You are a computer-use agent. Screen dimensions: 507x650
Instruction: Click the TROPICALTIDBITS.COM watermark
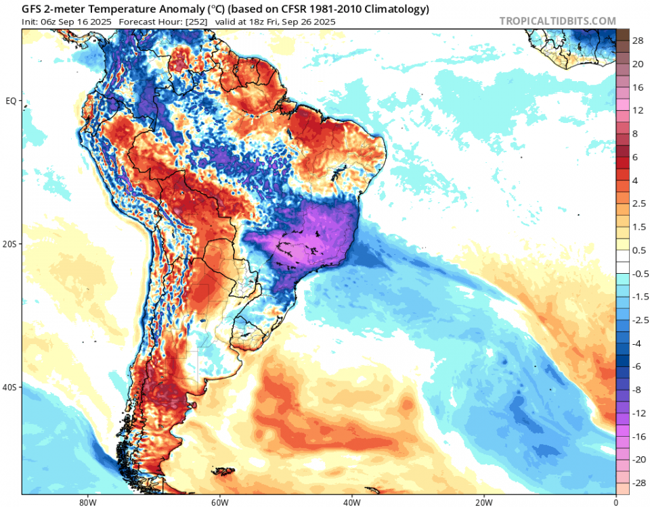(557, 21)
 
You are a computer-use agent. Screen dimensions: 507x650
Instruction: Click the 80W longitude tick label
(85, 502)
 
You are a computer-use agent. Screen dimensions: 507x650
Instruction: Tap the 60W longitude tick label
(218, 502)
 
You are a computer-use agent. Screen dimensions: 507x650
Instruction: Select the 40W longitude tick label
(351, 502)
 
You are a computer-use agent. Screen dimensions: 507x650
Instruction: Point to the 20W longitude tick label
(483, 502)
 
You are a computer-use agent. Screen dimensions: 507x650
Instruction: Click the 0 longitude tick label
(615, 502)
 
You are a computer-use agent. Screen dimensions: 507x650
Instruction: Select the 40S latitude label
(11, 387)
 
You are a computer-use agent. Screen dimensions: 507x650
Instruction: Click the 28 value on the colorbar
(638, 41)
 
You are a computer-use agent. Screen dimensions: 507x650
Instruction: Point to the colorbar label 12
(638, 110)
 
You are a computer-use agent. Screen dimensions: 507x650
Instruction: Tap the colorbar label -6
(638, 366)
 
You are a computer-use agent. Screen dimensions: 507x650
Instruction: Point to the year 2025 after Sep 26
(322, 22)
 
